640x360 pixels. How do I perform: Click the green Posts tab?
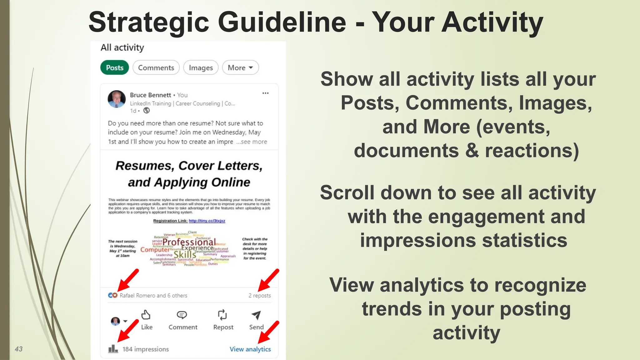pos(114,67)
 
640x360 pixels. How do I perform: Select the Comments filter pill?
pos(156,67)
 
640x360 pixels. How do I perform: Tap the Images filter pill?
pos(201,67)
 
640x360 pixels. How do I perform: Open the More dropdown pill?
pos(240,67)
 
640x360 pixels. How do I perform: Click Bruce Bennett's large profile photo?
pos(117,99)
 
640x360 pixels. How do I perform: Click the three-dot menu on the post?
pos(265,93)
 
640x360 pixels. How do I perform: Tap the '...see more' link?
pos(252,142)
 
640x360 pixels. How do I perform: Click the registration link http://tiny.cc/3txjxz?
pos(207,221)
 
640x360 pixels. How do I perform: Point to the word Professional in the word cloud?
pos(189,242)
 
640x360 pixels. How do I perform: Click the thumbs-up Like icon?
pos(146,315)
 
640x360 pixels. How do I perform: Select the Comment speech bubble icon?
pos(182,315)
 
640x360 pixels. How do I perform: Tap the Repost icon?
pos(222,315)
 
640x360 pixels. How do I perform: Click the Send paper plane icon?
pos(256,315)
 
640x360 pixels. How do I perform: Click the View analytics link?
pos(250,349)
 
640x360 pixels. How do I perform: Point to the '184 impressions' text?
pos(145,349)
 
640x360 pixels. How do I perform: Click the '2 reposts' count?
pos(259,296)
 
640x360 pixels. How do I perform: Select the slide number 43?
pos(19,349)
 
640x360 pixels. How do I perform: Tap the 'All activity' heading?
pos(122,47)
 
